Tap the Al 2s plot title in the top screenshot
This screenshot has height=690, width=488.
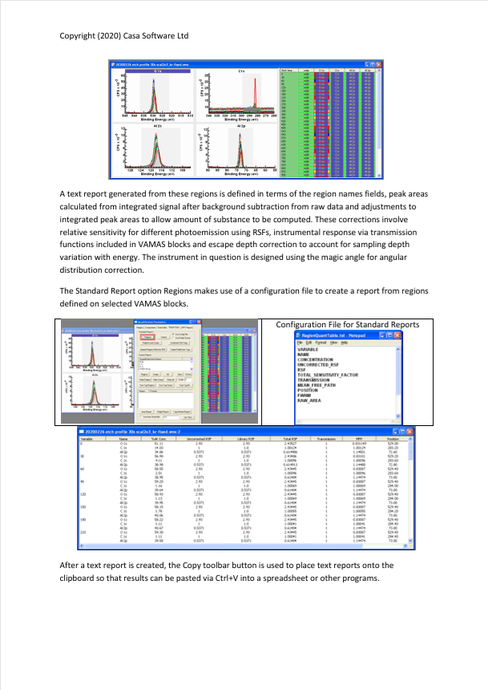click(x=157, y=126)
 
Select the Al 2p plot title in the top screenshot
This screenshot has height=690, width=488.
click(x=240, y=126)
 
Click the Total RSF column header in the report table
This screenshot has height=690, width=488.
click(x=291, y=439)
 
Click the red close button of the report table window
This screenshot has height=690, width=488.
click(x=409, y=432)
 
